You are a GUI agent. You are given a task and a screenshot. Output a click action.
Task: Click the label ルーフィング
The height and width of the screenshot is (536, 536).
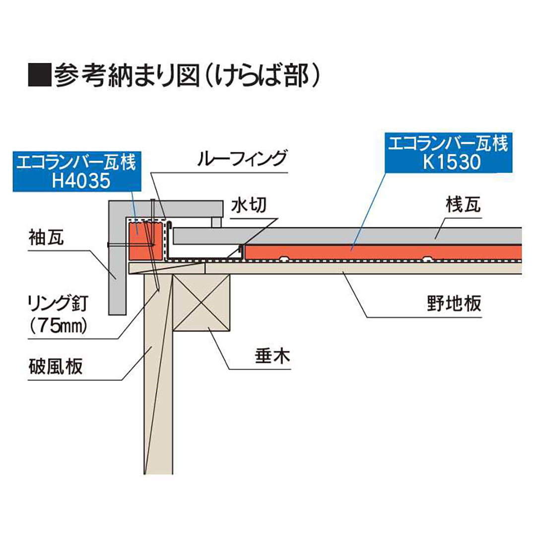click(242, 159)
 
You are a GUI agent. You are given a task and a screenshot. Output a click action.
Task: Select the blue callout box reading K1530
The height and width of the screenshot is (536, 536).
click(448, 153)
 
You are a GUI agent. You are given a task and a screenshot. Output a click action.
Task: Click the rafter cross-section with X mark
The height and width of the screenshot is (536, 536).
click(202, 303)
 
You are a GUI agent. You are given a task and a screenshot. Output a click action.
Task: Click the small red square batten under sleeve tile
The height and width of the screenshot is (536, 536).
click(145, 241)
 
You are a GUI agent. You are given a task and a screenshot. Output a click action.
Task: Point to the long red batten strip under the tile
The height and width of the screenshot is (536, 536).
click(382, 253)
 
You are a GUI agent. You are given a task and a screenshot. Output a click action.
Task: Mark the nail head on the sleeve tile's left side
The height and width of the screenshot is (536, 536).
click(108, 245)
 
